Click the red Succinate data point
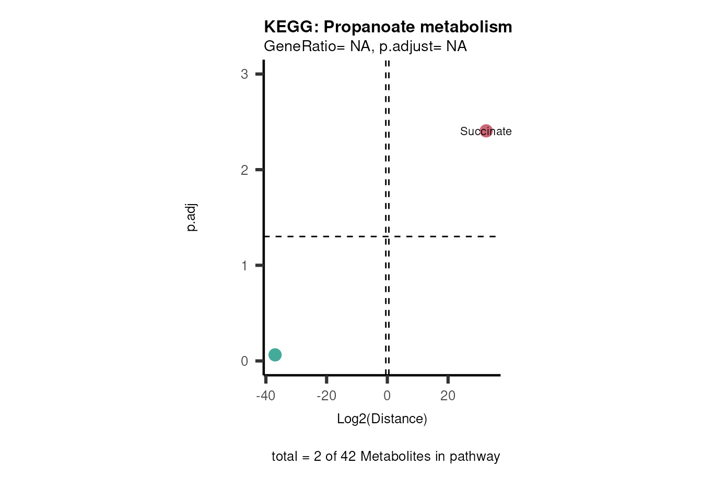click(x=486, y=130)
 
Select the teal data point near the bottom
click(x=275, y=355)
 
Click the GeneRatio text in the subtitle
click(x=300, y=46)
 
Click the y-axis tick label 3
click(x=244, y=74)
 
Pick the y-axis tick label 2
click(x=244, y=170)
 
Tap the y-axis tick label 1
click(x=244, y=266)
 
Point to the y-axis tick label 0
click(x=244, y=361)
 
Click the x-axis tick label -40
click(x=265, y=396)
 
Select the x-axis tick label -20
click(x=326, y=396)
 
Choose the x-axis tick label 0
click(x=387, y=396)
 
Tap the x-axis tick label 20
click(x=448, y=396)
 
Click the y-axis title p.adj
click(x=192, y=218)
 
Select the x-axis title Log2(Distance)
click(x=382, y=419)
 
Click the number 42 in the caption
click(x=348, y=456)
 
